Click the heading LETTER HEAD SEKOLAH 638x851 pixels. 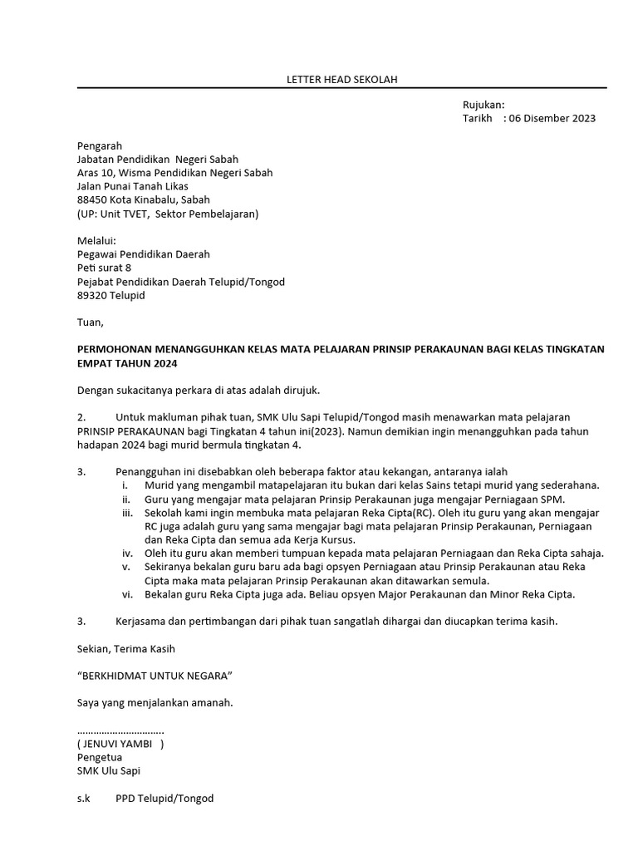click(x=342, y=80)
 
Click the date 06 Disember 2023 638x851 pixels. click(x=552, y=118)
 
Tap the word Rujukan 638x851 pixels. click(x=483, y=105)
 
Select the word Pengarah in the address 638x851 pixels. click(x=99, y=145)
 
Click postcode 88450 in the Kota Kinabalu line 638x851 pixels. click(x=91, y=200)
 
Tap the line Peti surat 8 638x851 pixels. click(x=104, y=268)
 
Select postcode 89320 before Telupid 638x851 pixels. click(x=91, y=295)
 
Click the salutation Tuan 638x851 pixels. click(x=90, y=322)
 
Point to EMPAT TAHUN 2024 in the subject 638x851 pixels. click(x=127, y=363)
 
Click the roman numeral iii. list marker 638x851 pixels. click(x=126, y=513)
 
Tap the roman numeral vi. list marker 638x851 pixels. click(x=126, y=594)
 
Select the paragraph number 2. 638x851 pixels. click(x=81, y=416)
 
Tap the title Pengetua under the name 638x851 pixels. click(x=99, y=757)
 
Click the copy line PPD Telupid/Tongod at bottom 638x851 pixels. click(x=164, y=798)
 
